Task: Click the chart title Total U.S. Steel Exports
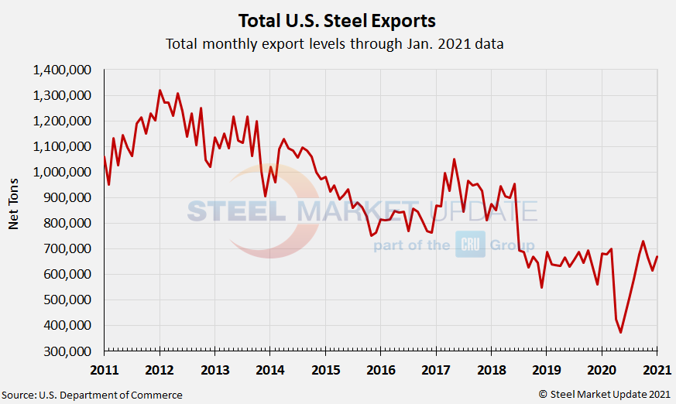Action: point(337,19)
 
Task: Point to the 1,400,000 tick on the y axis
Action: point(63,70)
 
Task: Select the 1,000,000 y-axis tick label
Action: point(63,172)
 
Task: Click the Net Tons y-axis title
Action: point(13,210)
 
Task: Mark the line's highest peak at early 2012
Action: point(160,91)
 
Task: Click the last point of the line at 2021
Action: point(657,257)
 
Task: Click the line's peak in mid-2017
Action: point(454,159)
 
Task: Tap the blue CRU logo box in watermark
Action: point(469,244)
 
